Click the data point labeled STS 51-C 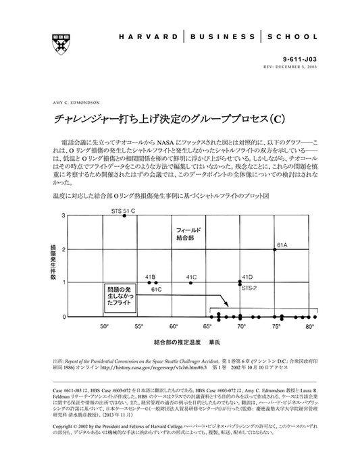124,215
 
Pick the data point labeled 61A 275,249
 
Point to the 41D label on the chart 247,277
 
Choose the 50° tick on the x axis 104,326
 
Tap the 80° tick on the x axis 309,326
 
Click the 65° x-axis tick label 207,326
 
